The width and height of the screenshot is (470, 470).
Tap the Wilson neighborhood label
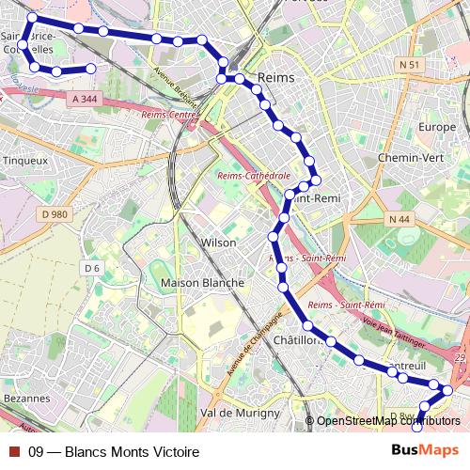[219, 243]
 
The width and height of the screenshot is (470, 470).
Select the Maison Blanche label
[203, 282]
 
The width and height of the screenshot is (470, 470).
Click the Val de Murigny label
[241, 413]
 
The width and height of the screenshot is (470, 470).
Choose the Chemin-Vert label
[404, 158]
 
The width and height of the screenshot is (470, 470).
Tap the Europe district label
[437, 127]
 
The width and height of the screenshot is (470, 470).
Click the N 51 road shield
[407, 64]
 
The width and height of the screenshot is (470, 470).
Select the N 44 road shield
[399, 219]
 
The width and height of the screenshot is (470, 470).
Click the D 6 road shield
[91, 268]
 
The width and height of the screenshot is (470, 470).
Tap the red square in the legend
[13, 452]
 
